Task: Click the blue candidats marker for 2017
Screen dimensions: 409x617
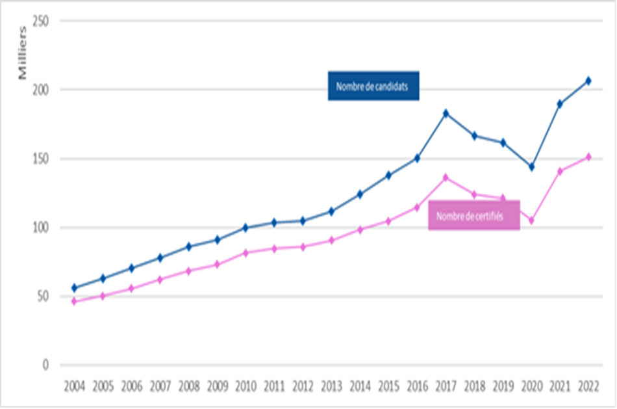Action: tap(446, 113)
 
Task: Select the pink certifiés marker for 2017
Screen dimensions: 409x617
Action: tap(446, 177)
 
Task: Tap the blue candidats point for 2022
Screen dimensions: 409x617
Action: tap(588, 81)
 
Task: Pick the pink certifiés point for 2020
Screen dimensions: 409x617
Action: tap(531, 220)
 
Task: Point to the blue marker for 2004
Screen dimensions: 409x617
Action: tap(74, 287)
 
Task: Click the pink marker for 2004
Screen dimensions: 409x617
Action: tap(74, 301)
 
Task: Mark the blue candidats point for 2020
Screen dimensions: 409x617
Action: tap(531, 167)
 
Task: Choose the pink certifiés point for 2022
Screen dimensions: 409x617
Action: tap(588, 157)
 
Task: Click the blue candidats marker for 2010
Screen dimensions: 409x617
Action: tap(246, 228)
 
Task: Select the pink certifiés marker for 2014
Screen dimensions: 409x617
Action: tap(360, 230)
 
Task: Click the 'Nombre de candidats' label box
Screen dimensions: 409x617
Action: tap(373, 86)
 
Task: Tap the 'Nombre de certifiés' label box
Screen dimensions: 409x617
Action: tap(473, 216)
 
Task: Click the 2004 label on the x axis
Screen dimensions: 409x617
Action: tap(74, 386)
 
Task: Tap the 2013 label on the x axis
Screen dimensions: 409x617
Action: tap(331, 386)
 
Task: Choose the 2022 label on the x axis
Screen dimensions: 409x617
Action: tap(588, 386)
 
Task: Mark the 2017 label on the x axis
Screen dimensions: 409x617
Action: tap(446, 386)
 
